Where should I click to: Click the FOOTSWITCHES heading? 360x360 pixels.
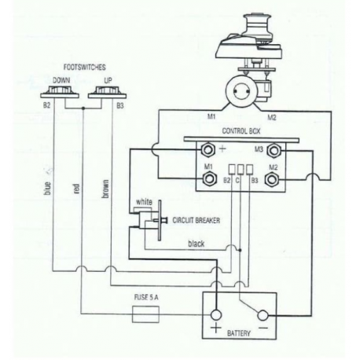(85, 68)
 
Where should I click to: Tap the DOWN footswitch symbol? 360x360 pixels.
(60, 92)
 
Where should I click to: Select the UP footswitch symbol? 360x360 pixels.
(107, 92)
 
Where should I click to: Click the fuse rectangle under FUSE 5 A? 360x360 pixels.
(145, 314)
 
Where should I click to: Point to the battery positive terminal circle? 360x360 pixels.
(216, 315)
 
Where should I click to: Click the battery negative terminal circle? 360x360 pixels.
(263, 315)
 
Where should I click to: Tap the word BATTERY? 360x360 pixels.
(239, 333)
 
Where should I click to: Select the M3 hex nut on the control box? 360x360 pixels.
(274, 150)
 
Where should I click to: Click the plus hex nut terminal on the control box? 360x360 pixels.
(208, 150)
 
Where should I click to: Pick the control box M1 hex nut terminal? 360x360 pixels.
(209, 179)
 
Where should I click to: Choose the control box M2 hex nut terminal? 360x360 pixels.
(273, 180)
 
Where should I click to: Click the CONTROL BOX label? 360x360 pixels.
(241, 130)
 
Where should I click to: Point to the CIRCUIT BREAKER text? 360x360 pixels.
(197, 220)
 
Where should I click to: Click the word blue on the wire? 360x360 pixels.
(48, 188)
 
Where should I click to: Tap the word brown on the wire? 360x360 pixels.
(105, 189)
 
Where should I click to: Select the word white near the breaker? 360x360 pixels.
(144, 202)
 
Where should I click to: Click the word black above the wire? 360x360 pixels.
(197, 244)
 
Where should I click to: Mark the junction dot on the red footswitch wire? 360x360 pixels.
(83, 108)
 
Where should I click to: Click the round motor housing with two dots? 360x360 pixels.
(241, 91)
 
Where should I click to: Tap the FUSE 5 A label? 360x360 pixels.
(146, 297)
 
